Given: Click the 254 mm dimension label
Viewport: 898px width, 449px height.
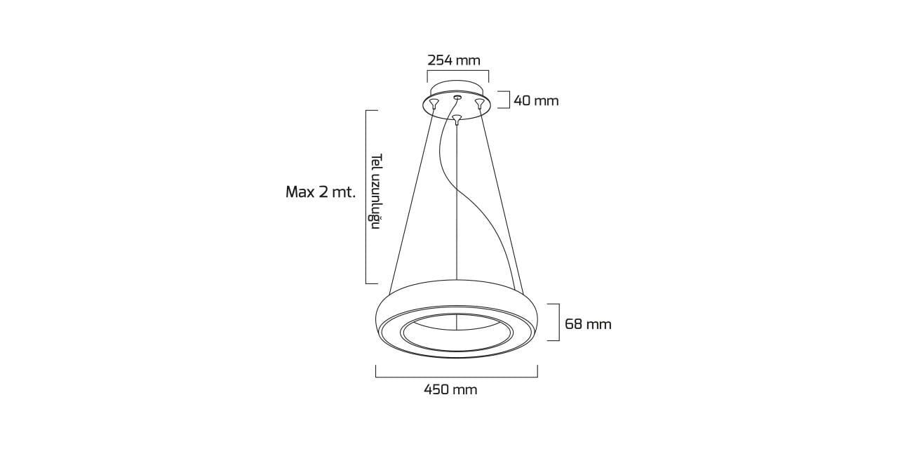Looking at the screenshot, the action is (453, 60).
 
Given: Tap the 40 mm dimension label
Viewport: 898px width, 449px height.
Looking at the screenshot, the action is (536, 100).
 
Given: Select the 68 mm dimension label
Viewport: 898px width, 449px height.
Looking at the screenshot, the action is (588, 324).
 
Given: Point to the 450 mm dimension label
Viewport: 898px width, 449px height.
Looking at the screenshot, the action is (450, 389).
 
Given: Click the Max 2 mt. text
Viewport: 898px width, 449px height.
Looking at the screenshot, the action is (321, 192).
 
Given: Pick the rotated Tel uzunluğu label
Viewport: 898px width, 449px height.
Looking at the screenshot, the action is (375, 192).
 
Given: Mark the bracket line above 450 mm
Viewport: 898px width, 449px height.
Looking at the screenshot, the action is (457, 377).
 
